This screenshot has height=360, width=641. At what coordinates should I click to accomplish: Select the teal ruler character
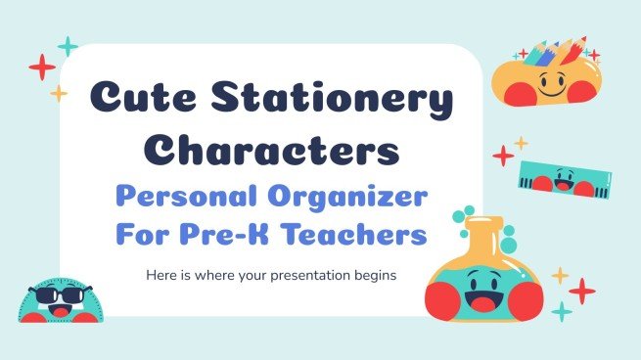point(559,177)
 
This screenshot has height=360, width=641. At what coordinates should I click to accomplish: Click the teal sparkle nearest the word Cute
point(68,45)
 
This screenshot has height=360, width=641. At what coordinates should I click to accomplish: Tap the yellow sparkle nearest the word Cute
point(59,93)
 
